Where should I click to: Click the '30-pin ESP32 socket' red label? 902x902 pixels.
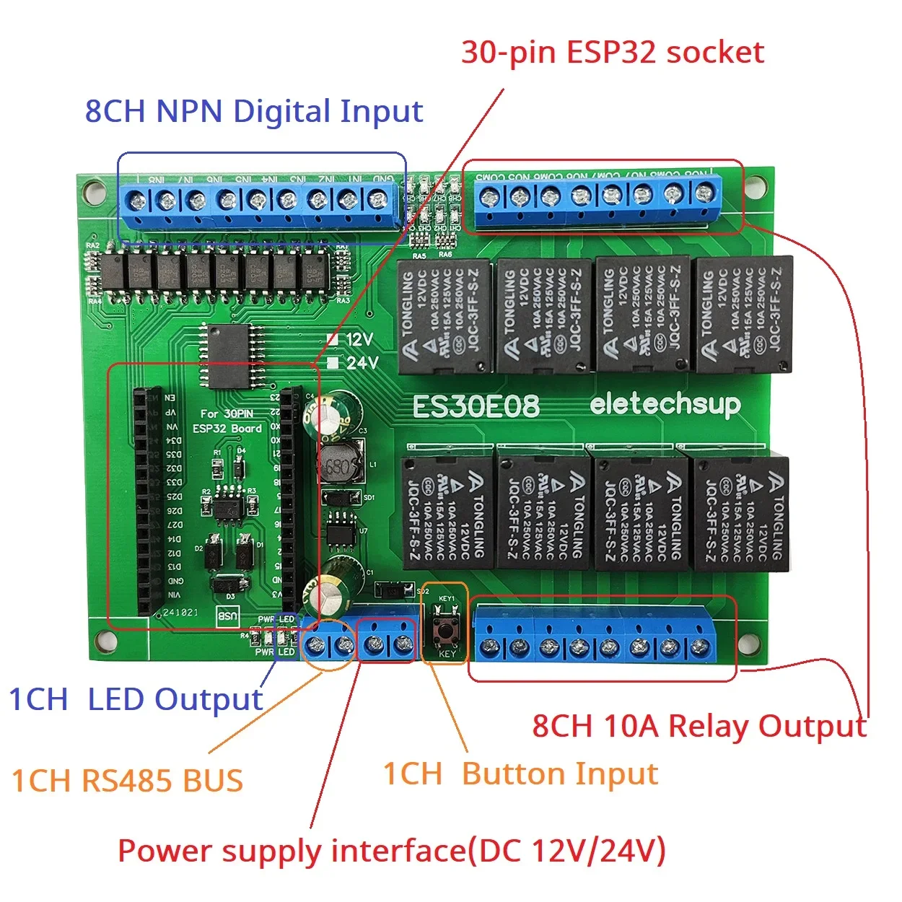[612, 53]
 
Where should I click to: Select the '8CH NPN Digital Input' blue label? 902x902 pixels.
[253, 112]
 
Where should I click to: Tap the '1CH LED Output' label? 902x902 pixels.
[136, 700]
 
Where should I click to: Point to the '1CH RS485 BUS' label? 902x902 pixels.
[127, 781]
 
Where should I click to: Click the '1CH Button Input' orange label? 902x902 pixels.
[520, 774]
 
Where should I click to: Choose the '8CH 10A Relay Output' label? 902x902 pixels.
[699, 726]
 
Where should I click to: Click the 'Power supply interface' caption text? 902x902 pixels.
[391, 851]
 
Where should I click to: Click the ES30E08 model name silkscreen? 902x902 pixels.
[476, 407]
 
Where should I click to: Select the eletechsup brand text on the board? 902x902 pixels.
[665, 405]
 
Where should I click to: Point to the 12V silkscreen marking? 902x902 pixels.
[359, 339]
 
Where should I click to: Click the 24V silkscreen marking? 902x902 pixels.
[361, 362]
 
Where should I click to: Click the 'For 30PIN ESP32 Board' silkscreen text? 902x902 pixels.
[227, 421]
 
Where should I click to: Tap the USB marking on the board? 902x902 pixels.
[227, 616]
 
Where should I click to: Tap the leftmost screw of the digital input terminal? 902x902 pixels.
[136, 200]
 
